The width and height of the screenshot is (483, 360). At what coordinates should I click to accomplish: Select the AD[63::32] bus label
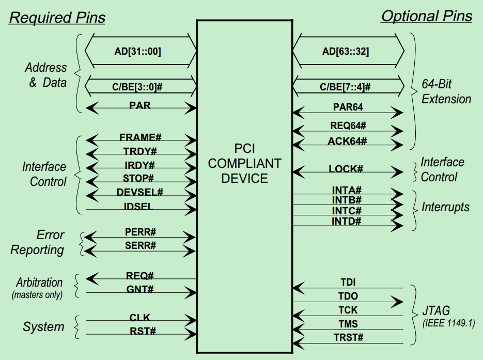(x=346, y=52)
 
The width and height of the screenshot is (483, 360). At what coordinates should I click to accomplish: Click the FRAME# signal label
(x=141, y=137)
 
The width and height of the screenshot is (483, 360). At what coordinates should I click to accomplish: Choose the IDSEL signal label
(x=139, y=207)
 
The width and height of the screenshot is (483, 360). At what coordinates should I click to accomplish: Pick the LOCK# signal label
(x=346, y=169)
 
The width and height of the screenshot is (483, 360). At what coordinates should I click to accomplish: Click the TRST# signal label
(x=348, y=338)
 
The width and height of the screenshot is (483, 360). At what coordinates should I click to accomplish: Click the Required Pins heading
(x=57, y=18)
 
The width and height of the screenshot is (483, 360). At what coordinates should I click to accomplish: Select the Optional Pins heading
(x=426, y=16)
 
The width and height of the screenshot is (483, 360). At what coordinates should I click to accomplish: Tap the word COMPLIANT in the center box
(x=245, y=164)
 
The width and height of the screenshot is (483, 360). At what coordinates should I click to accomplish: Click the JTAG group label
(x=435, y=311)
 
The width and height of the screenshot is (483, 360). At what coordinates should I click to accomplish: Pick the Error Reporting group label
(x=38, y=242)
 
